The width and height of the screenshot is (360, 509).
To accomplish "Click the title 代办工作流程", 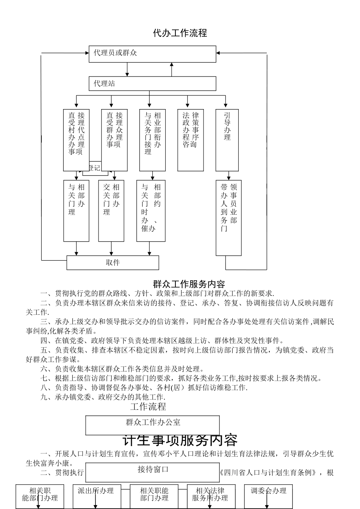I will click(x=180, y=33).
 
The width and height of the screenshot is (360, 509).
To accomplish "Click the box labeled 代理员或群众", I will click(x=152, y=54).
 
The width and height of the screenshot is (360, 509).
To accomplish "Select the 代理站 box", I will click(x=152, y=84).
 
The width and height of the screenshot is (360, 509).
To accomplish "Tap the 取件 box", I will click(x=113, y=262).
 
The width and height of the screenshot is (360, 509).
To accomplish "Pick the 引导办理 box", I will click(x=227, y=140).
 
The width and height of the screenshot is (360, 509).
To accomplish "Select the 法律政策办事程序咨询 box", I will click(x=191, y=140).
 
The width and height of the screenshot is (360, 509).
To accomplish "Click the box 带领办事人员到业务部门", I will click(x=229, y=218).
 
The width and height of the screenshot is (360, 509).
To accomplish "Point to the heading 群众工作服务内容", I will click(x=189, y=284).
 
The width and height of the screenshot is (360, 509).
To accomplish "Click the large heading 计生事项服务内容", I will click(x=180, y=440).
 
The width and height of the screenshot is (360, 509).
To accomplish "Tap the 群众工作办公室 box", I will click(x=152, y=425).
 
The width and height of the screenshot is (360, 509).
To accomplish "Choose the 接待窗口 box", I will click(x=152, y=472).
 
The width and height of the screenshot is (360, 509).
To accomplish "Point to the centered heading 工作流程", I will click(x=148, y=407).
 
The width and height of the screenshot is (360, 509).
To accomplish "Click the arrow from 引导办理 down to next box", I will click(x=229, y=176).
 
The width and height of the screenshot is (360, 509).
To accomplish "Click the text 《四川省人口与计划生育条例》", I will click(x=268, y=473).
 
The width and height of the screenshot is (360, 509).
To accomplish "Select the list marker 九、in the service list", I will click(x=47, y=397).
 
